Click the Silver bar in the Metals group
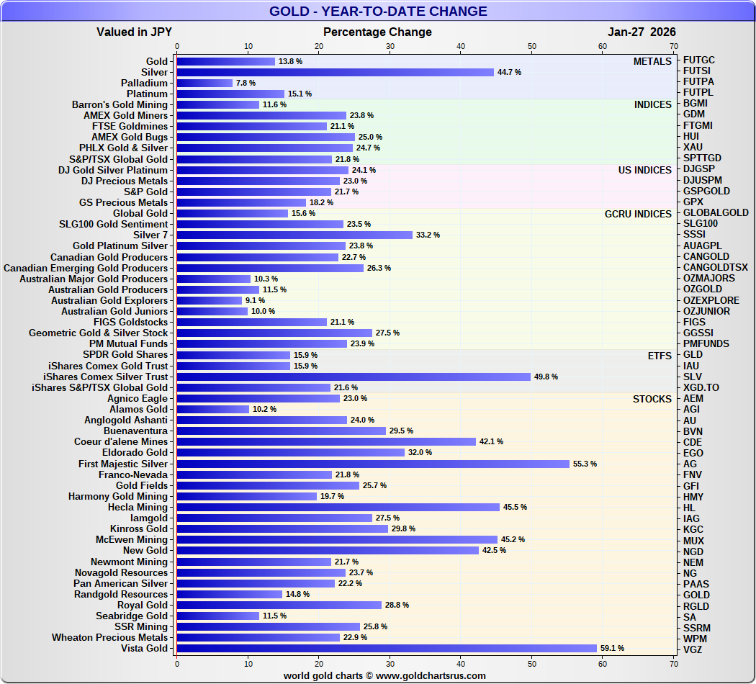point(335,72)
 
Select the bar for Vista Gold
point(387,649)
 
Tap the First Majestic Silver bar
point(373,464)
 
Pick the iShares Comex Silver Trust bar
point(354,377)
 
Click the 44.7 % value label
point(509,72)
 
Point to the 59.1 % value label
point(612,649)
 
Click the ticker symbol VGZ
point(693,649)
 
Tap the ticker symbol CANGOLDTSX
point(715,267)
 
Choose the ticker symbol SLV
point(693,377)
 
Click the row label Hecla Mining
point(138,507)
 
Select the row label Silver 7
point(150,235)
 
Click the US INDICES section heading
point(644,170)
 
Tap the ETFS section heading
point(660,355)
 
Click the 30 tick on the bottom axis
point(390,663)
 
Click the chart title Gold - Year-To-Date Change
point(378,12)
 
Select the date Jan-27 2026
point(642,32)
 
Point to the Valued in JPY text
point(134,32)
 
